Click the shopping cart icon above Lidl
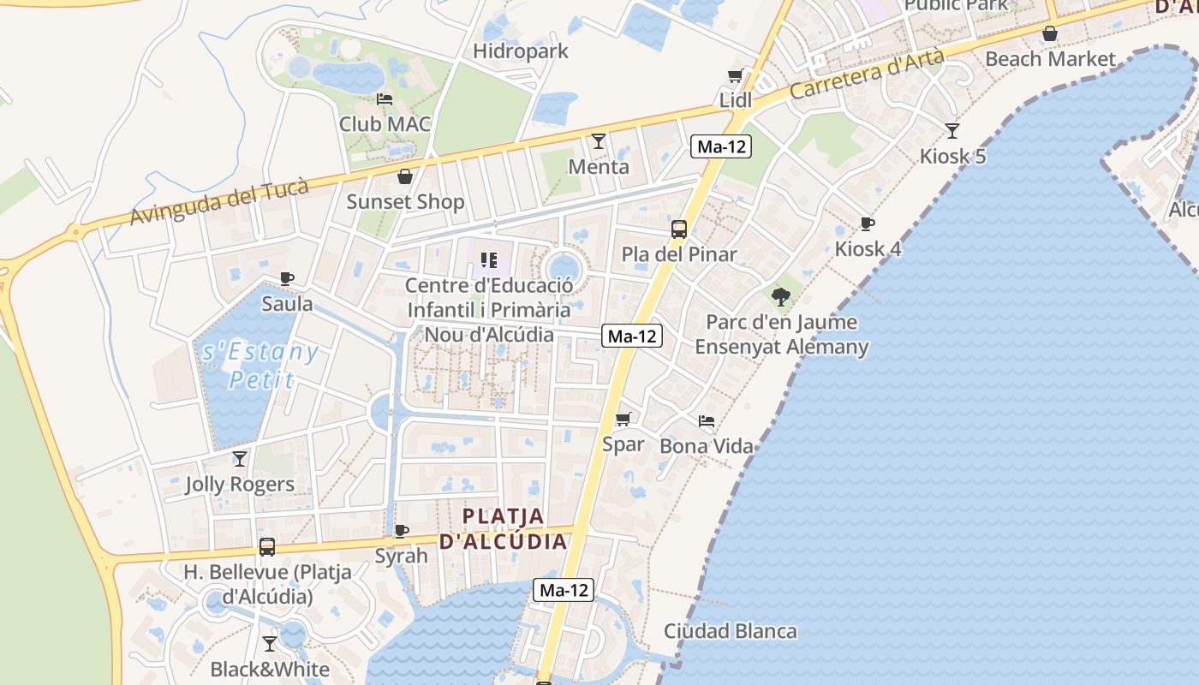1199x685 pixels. click(x=735, y=76)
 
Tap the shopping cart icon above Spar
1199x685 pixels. click(x=623, y=420)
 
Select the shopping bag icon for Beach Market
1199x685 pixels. click(x=1049, y=34)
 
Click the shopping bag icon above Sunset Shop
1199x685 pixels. click(x=404, y=176)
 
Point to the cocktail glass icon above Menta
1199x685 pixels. click(x=599, y=141)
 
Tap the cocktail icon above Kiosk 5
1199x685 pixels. click(x=951, y=131)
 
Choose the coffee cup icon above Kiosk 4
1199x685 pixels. click(x=867, y=224)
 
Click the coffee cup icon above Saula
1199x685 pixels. click(x=287, y=278)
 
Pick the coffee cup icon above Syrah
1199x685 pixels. click(x=401, y=531)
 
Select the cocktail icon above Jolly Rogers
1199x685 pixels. click(x=240, y=459)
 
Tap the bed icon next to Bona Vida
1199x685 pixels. click(x=707, y=421)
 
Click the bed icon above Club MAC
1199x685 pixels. click(x=385, y=99)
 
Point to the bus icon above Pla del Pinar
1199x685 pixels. click(x=678, y=229)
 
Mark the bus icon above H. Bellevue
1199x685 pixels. click(x=267, y=547)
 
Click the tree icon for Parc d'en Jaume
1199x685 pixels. click(x=780, y=297)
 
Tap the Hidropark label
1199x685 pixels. click(x=521, y=51)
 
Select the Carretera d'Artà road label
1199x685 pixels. click(x=867, y=74)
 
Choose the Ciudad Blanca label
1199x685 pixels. click(x=731, y=632)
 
